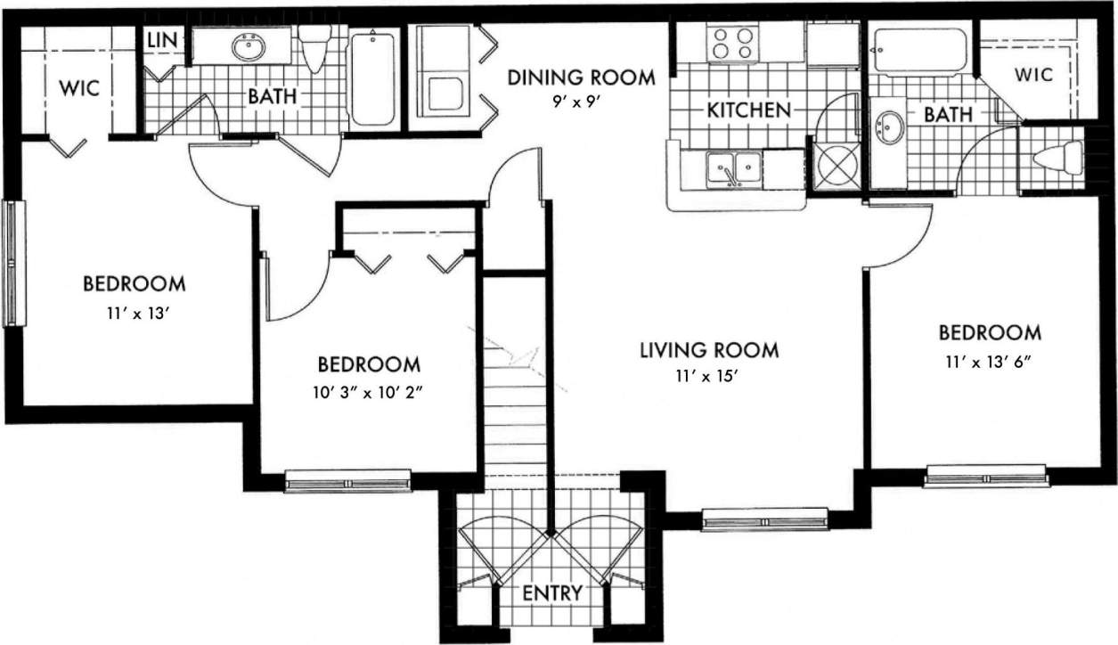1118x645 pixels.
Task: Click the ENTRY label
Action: coord(552,592)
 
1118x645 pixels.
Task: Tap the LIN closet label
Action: coord(162,40)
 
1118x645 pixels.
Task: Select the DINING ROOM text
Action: coord(581,78)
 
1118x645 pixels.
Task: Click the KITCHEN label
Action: coord(748,110)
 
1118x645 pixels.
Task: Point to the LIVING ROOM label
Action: coord(709,350)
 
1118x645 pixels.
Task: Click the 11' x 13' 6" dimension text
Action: coord(989,363)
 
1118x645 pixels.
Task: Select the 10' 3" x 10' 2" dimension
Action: coord(369,393)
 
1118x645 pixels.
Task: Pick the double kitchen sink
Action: coord(734,169)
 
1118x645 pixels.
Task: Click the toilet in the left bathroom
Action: coord(314,49)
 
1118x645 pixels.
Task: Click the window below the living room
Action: coord(764,518)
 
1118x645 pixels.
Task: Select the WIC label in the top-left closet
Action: coord(79,89)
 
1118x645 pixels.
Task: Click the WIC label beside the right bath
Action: coord(1033,75)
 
